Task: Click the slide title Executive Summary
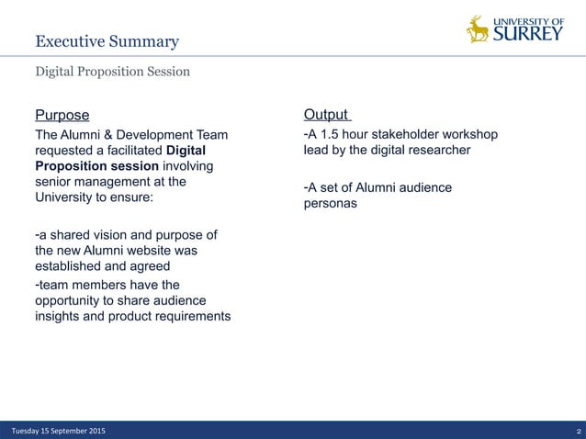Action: tap(107, 41)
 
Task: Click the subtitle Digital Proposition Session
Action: tap(112, 72)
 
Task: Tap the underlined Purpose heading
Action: tap(62, 115)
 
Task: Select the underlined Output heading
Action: tap(326, 115)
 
